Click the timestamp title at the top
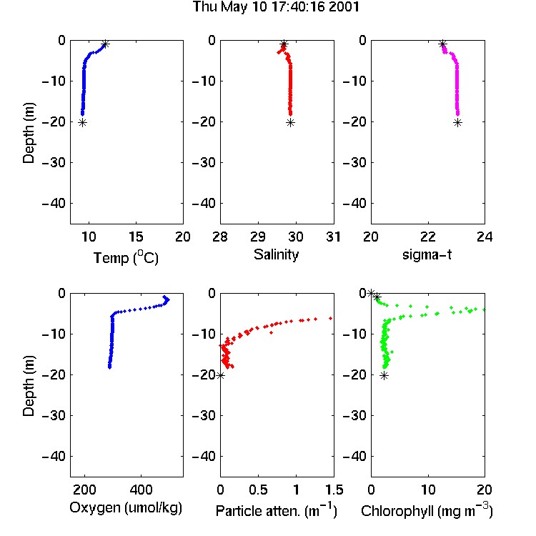click(x=276, y=7)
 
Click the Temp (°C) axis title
click(x=126, y=257)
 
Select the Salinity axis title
click(x=276, y=254)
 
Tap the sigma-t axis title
click(x=427, y=254)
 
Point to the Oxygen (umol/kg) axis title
click(x=126, y=508)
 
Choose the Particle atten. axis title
click(x=277, y=511)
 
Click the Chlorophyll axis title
click(x=427, y=511)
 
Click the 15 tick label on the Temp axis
click(x=136, y=237)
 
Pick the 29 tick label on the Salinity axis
click(x=258, y=237)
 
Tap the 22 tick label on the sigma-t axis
click(x=428, y=237)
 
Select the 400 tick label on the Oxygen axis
click(x=141, y=490)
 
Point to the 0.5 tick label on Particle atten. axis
click(x=258, y=490)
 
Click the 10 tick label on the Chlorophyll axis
click(x=428, y=490)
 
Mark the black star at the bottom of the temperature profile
click(x=82, y=123)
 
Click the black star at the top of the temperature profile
click(x=105, y=44)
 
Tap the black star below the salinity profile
click(x=290, y=123)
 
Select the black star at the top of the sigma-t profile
click(x=442, y=44)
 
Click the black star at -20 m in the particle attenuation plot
click(x=221, y=375)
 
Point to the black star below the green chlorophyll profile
click(x=384, y=376)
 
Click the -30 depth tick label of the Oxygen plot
click(x=54, y=416)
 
